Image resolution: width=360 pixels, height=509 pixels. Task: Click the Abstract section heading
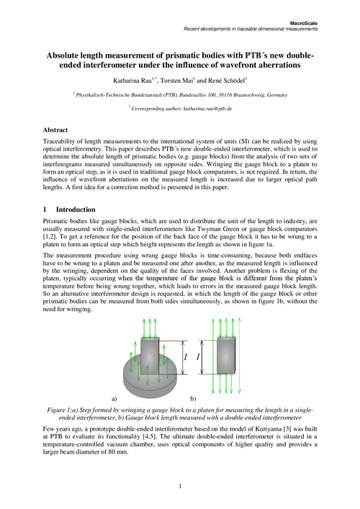pyautogui.click(x=58, y=130)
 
